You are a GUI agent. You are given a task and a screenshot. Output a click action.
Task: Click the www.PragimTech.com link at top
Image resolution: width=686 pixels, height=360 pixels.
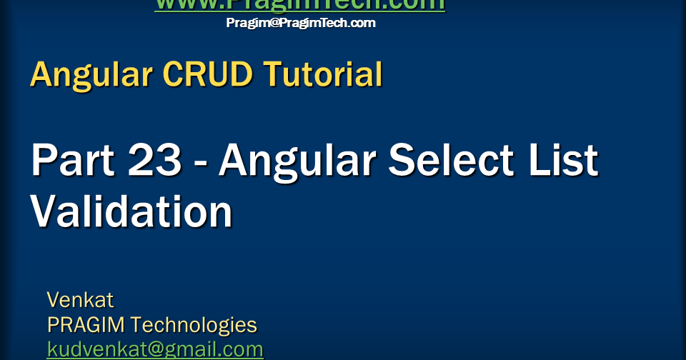(299, 5)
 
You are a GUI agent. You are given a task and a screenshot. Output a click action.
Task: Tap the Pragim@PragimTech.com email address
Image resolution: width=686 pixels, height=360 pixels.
(300, 23)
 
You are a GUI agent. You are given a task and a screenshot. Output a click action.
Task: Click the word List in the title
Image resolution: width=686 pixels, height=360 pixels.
(565, 160)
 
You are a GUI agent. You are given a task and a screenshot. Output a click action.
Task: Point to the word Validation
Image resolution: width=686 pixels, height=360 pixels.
(131, 211)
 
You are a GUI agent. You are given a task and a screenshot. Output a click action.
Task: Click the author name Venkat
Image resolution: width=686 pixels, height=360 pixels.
(80, 299)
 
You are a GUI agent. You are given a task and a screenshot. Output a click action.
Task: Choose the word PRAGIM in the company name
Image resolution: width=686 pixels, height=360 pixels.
(85, 325)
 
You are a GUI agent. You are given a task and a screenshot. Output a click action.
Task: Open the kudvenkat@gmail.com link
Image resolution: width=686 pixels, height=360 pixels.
(155, 349)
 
